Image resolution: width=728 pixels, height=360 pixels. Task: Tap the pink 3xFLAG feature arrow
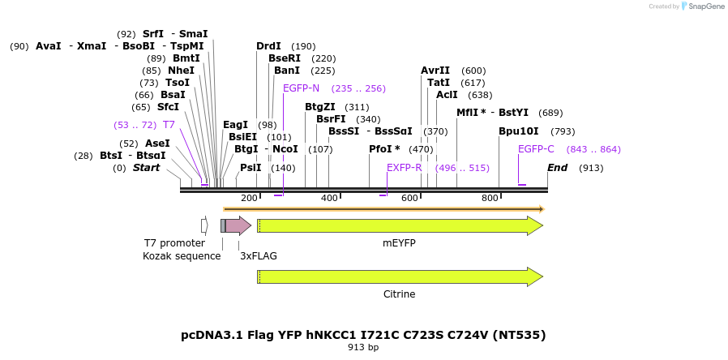[x=238, y=225]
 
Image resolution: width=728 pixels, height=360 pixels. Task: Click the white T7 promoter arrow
[x=204, y=225]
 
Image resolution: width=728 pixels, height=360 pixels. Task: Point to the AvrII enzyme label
[x=435, y=71]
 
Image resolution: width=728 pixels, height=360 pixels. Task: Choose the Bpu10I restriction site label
[x=518, y=131]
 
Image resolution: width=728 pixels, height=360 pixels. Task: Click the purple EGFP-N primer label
[x=301, y=88]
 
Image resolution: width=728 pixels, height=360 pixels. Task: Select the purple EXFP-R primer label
[x=404, y=168]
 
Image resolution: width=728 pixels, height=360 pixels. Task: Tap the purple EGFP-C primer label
[x=536, y=149]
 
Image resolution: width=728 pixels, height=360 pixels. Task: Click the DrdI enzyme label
[x=268, y=46]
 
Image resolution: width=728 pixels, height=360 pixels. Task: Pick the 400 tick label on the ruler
[x=329, y=199]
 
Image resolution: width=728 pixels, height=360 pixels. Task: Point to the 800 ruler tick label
[x=490, y=199]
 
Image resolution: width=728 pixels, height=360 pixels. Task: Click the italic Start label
[x=146, y=168]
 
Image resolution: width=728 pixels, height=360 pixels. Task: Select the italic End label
[x=557, y=168]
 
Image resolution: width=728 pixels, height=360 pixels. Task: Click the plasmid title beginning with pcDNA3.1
[x=363, y=335]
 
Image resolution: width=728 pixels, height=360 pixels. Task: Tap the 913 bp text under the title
[x=363, y=348]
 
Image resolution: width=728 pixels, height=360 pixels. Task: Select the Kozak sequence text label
[x=182, y=256]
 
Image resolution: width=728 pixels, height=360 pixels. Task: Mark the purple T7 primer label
[x=169, y=125]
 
